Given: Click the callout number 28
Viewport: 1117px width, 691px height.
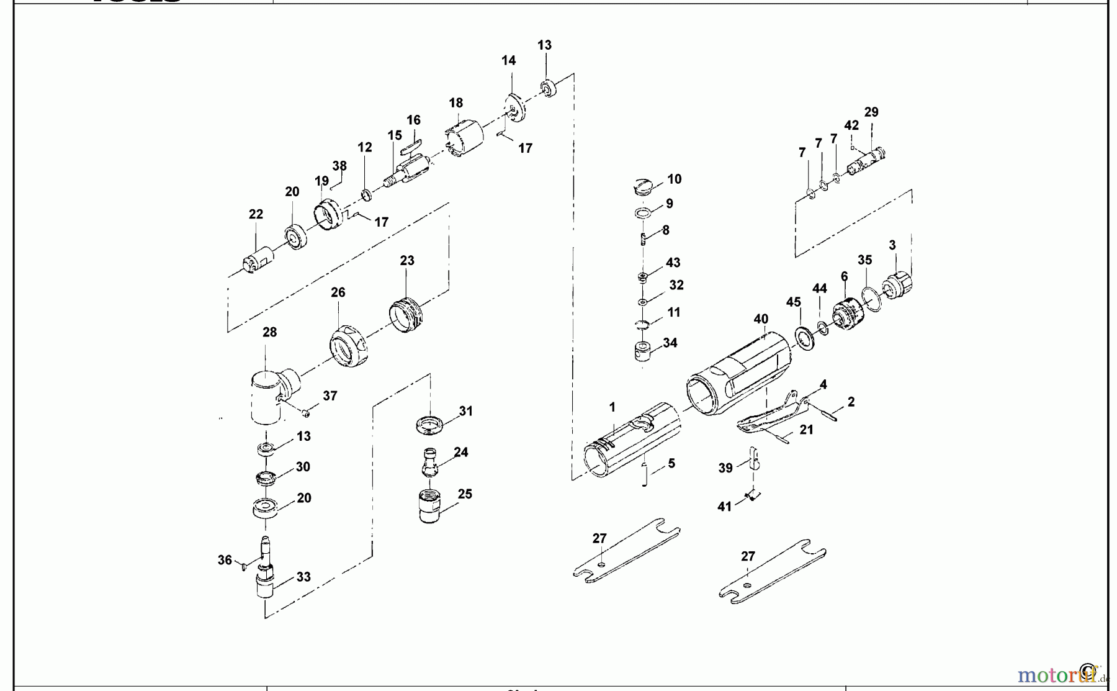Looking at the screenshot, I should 269,332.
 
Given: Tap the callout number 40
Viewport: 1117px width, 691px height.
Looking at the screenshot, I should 761,319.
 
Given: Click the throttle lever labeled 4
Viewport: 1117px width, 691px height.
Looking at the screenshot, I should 773,412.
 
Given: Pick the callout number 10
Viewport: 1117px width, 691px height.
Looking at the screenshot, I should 675,179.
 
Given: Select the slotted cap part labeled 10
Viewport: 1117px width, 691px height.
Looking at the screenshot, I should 644,186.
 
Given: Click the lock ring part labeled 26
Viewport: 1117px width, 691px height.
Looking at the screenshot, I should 348,346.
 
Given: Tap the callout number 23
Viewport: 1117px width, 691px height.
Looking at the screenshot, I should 407,261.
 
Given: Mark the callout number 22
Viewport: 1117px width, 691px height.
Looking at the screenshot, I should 256,214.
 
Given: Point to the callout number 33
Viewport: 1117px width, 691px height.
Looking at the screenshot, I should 303,577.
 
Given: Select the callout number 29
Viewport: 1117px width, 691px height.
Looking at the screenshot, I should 871,112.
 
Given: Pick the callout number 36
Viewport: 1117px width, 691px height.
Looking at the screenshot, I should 225,560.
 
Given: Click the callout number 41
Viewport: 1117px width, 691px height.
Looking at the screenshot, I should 725,507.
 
